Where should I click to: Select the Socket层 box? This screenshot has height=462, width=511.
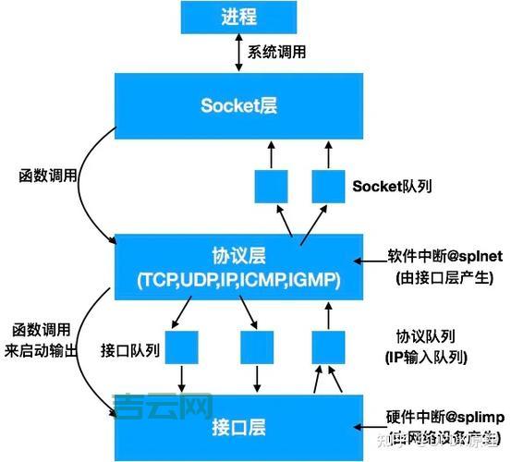[238, 104]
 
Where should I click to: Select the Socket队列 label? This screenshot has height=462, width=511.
[393, 186]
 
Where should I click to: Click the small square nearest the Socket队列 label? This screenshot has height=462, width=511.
[328, 186]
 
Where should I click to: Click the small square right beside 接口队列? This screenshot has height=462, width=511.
[182, 346]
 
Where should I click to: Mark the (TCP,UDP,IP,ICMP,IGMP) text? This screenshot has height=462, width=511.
[238, 279]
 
